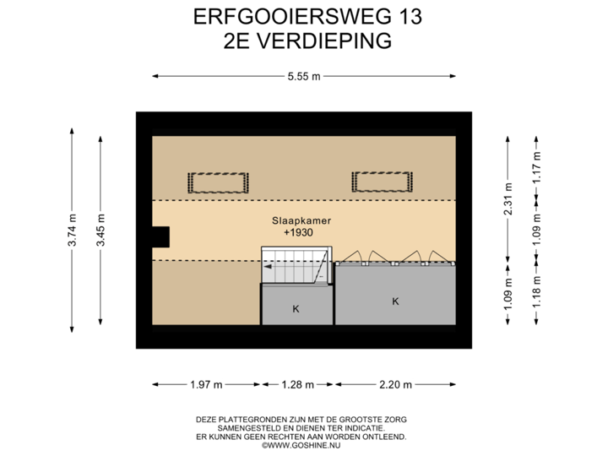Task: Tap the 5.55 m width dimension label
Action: pyautogui.click(x=304, y=76)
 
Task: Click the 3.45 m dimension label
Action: pyautogui.click(x=100, y=231)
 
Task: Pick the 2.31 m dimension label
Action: pyautogui.click(x=507, y=200)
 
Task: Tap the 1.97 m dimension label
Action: pyautogui.click(x=206, y=385)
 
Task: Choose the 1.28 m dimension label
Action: pyautogui.click(x=297, y=385)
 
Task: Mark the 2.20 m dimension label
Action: pyautogui.click(x=395, y=385)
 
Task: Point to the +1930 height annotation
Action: pyautogui.click(x=297, y=231)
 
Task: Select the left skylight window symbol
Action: pyautogui.click(x=218, y=182)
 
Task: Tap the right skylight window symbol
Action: pyautogui.click(x=383, y=182)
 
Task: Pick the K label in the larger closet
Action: pyautogui.click(x=394, y=301)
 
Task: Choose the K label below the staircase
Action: pyautogui.click(x=296, y=309)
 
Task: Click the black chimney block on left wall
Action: pyautogui.click(x=160, y=236)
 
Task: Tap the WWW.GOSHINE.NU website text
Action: pyautogui.click(x=301, y=443)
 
